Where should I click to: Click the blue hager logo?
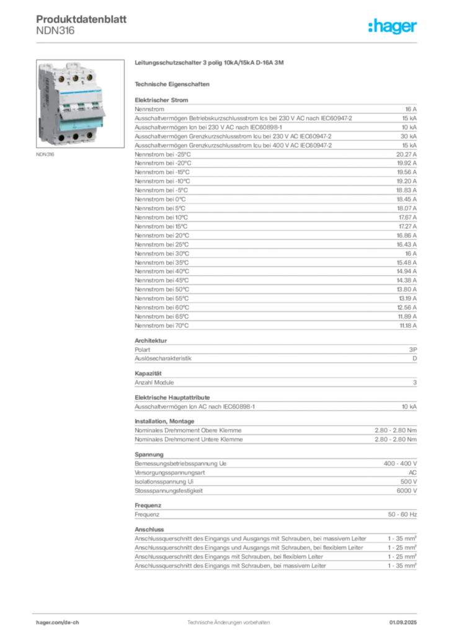[x=393, y=27]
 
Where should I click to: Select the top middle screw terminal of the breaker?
[x=76, y=78]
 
